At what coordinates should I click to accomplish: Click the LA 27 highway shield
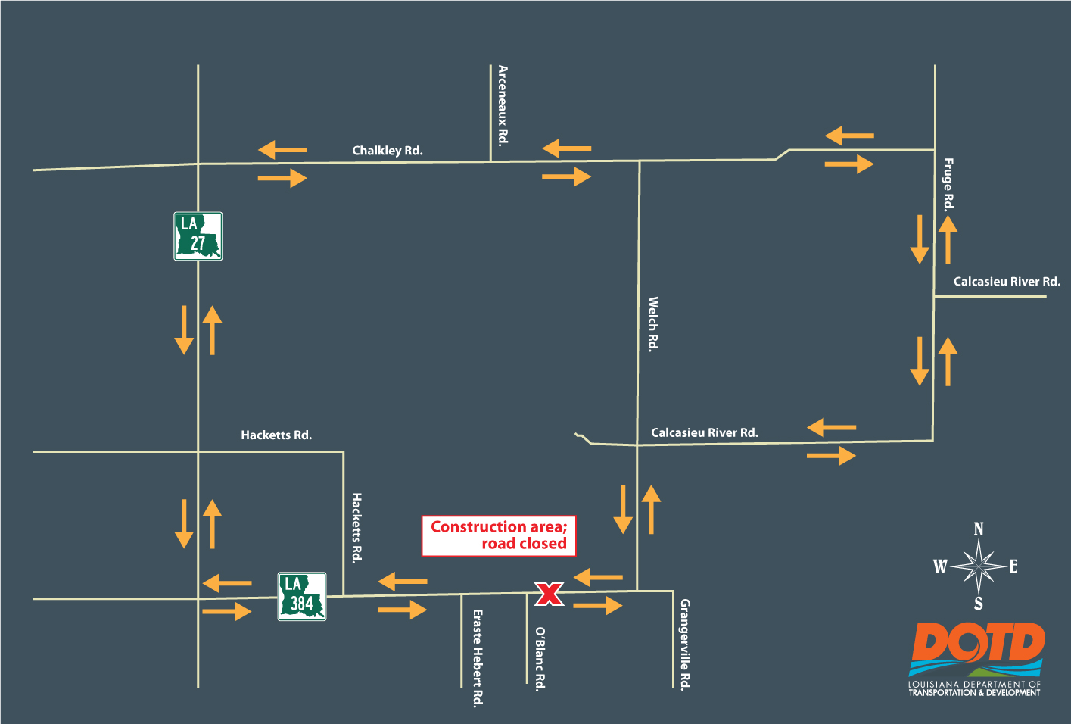click(198, 236)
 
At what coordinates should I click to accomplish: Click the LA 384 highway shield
click(302, 597)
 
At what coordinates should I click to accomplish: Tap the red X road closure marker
click(549, 594)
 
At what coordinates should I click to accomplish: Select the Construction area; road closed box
click(499, 535)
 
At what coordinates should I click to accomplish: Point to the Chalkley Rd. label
click(388, 151)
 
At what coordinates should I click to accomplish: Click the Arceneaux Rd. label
click(503, 105)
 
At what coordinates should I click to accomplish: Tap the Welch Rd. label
click(653, 324)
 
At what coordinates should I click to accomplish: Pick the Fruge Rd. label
click(948, 184)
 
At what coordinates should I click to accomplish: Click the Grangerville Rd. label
click(685, 644)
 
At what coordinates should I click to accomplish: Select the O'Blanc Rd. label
click(540, 658)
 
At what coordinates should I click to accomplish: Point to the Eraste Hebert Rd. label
click(478, 658)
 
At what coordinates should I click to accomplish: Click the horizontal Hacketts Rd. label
click(276, 435)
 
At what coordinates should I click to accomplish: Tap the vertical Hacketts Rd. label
click(357, 528)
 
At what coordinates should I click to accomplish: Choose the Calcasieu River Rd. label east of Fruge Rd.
click(1007, 282)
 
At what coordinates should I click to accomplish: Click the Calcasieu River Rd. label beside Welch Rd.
click(705, 433)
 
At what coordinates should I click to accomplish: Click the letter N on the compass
click(979, 529)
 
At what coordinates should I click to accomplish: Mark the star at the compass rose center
click(979, 566)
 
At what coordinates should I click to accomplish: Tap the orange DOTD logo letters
click(978, 644)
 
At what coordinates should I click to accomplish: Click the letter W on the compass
click(940, 566)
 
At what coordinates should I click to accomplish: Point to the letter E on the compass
click(1013, 566)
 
